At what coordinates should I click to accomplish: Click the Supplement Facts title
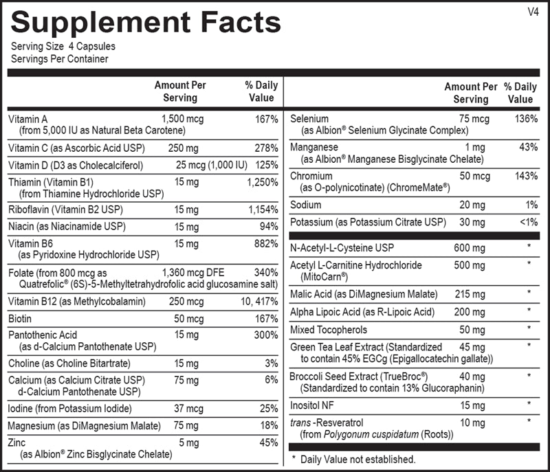(x=146, y=22)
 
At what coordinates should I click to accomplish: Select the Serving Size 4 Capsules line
(x=63, y=47)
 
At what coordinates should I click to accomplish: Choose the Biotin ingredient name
(x=20, y=319)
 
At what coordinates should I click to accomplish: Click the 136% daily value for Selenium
(x=526, y=119)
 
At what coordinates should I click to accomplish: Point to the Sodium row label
(x=305, y=205)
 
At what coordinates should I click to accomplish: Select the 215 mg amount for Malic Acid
(x=469, y=294)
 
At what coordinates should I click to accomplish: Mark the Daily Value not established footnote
(x=353, y=458)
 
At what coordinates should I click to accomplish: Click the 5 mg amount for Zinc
(x=188, y=442)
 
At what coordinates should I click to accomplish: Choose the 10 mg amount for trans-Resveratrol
(x=472, y=420)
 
